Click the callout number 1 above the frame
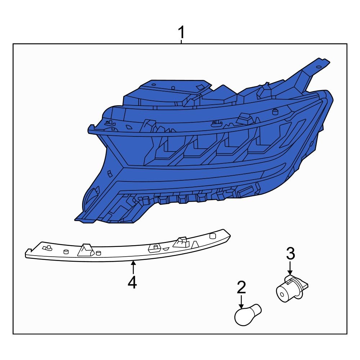tap(181, 32)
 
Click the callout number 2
tap(241, 287)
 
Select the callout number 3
tap(291, 253)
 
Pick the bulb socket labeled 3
tap(291, 289)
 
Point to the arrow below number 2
tap(241, 302)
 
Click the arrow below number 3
tap(290, 268)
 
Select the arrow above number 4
tap(133, 267)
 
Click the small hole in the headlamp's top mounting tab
tap(319, 67)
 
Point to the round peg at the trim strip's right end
tap(212, 236)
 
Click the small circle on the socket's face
tap(281, 294)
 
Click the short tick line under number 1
tap(181, 41)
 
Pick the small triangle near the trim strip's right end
tap(195, 244)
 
